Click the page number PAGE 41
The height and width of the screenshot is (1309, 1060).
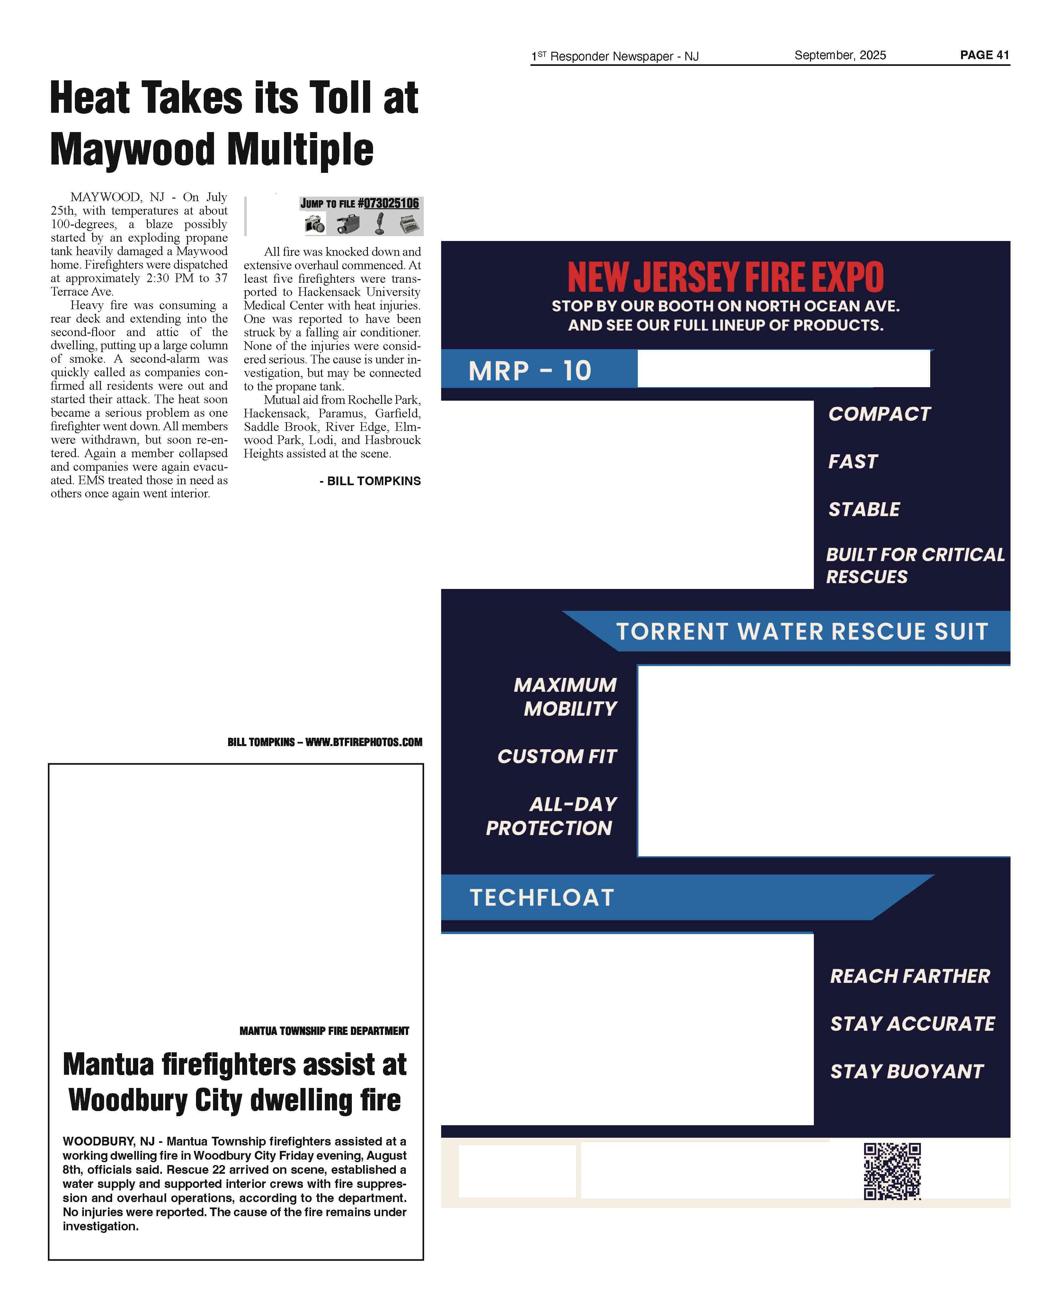pos(984,55)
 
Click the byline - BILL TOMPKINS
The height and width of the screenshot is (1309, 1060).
pos(370,481)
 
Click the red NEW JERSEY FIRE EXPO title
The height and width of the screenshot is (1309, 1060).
pos(726,278)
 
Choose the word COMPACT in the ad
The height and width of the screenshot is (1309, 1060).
pos(879,414)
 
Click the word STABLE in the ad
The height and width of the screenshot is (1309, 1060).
pos(863,509)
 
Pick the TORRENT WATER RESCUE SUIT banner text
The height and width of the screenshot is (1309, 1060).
pos(802,631)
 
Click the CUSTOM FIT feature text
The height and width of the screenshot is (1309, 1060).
pos(557,756)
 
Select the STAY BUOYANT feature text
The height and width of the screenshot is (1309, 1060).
pos(906,1072)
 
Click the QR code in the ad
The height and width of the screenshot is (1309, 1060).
pos(892,1171)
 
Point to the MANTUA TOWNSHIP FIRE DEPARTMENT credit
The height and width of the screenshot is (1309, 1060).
pos(324,1031)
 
